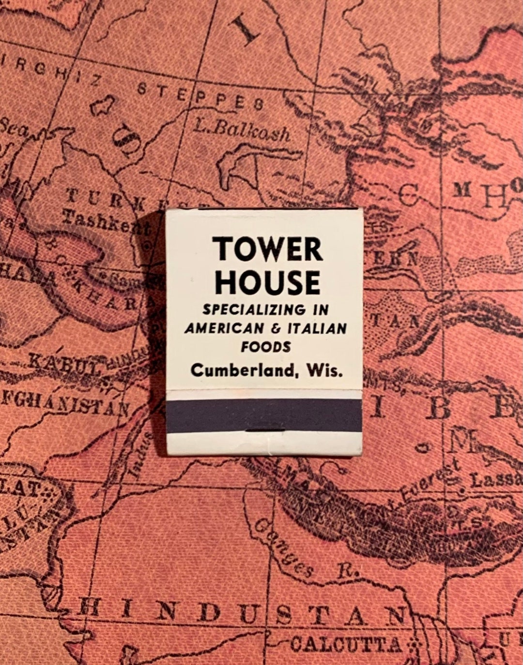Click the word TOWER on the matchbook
268,250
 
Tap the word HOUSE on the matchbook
268,282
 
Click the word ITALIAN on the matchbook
317,328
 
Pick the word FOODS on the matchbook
266,347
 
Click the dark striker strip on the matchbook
264,415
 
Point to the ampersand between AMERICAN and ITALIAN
276,329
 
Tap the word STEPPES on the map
200,96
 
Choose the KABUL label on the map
63,363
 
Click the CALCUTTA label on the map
346,644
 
